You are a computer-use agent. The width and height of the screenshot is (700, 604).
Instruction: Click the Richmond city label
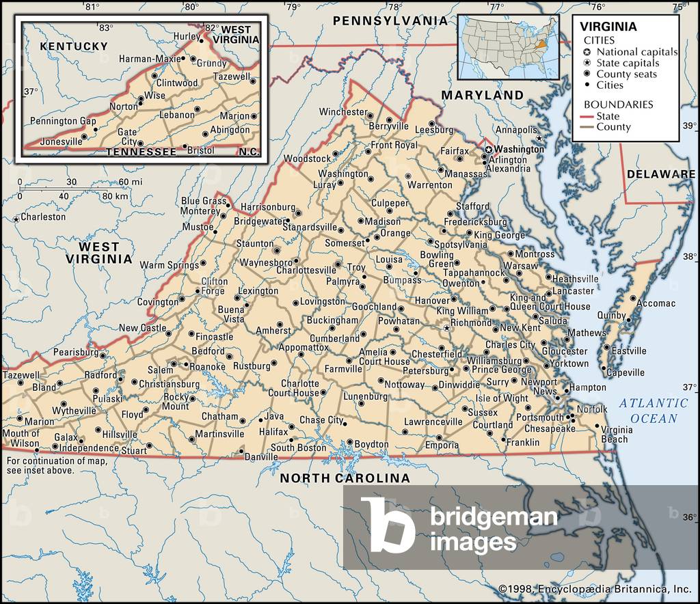pos(472,322)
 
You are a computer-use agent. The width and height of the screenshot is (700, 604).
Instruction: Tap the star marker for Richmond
pos(447,329)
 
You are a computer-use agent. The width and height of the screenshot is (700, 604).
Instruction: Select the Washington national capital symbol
pos(489,149)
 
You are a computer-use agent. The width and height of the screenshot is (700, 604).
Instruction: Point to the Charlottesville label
pos(306,271)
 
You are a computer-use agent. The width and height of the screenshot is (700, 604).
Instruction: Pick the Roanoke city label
pos(207,367)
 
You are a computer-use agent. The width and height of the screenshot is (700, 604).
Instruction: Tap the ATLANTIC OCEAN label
pos(654,411)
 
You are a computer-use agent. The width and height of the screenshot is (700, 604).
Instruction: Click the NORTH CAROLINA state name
pos(345,478)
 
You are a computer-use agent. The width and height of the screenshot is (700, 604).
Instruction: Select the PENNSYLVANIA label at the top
pos(390,21)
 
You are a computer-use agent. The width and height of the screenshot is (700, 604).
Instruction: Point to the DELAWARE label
pos(661,174)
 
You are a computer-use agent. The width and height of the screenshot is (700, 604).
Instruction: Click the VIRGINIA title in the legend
pos(608,27)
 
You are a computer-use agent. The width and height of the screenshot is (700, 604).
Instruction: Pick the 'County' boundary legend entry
pos(613,126)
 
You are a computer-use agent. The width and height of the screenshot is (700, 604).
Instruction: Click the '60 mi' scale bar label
pos(131,182)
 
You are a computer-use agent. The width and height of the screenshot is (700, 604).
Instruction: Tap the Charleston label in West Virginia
pos(43,217)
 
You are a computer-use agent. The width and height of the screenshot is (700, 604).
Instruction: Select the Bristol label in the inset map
pos(200,150)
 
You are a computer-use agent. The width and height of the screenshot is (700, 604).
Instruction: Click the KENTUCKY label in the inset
pos(74,46)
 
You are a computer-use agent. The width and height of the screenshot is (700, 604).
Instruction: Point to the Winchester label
pos(343,112)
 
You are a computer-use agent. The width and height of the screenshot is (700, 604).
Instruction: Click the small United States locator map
pos(507,46)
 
